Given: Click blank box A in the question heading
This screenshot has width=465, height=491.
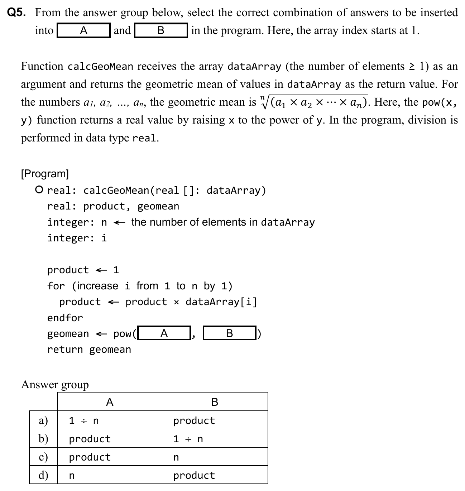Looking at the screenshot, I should pyautogui.click(x=83, y=30).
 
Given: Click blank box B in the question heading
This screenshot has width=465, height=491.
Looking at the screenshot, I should pyautogui.click(x=161, y=30).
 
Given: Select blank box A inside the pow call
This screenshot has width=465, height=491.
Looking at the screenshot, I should pyautogui.click(x=164, y=333).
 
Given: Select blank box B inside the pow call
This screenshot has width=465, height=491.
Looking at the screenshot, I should pyautogui.click(x=229, y=333).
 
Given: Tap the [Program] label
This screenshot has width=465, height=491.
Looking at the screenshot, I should pyautogui.click(x=45, y=174).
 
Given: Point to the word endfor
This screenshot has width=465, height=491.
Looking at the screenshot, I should pyautogui.click(x=65, y=318).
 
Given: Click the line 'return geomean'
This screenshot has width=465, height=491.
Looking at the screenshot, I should pyautogui.click(x=89, y=350).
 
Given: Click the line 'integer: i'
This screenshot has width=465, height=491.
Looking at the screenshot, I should pyautogui.click(x=77, y=238).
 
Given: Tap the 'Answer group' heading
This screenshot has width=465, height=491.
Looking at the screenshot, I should pyautogui.click(x=55, y=384).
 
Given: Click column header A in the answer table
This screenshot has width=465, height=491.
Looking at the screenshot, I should pyautogui.click(x=110, y=402).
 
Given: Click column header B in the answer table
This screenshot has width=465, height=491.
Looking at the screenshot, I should pyautogui.click(x=215, y=402).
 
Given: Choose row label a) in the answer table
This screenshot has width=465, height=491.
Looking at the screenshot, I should pyautogui.click(x=43, y=420).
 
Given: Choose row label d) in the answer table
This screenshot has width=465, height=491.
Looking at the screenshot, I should pyautogui.click(x=43, y=475).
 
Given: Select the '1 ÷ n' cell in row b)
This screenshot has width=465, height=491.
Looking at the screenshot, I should pyautogui.click(x=188, y=439).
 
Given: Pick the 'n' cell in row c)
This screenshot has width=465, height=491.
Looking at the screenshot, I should pyautogui.click(x=176, y=457).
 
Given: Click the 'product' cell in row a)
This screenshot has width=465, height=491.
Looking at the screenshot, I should pyautogui.click(x=194, y=420).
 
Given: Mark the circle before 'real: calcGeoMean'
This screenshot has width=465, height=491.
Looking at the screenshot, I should pyautogui.click(x=40, y=189).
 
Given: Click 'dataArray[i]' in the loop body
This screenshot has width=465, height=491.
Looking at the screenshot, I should pyautogui.click(x=221, y=302).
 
